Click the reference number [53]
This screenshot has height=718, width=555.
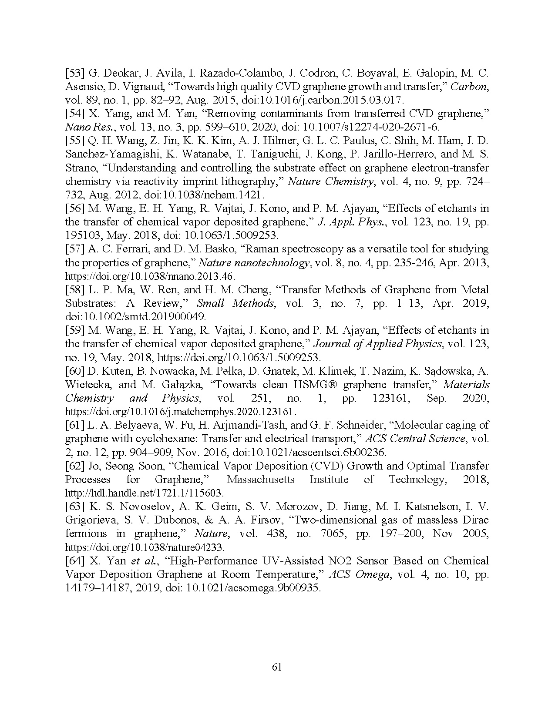coord(75,73)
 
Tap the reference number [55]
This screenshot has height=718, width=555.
coord(75,141)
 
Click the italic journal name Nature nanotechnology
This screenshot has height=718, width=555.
coord(254,262)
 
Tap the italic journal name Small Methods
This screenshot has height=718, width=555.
coord(235,303)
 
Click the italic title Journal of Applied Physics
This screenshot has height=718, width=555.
coord(377,343)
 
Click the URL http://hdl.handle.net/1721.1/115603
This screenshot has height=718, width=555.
coord(145,493)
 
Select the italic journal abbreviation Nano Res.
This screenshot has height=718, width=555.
coord(86,127)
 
